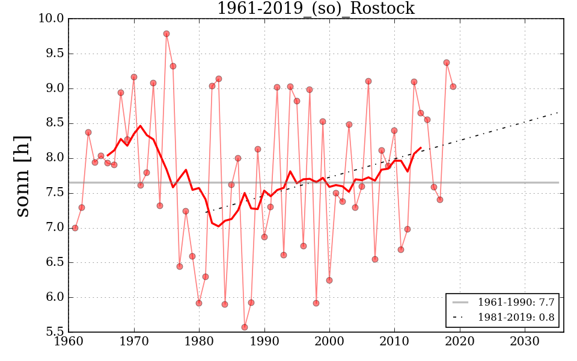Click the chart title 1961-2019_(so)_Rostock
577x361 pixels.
316,8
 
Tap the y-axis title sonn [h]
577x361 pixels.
22,176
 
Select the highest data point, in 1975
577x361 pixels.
166,34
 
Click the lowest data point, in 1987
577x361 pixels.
245,327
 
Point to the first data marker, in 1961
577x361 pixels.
75,228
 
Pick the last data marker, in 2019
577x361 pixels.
453,87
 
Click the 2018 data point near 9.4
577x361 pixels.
447,63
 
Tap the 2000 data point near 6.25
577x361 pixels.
329,280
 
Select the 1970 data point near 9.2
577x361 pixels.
134,77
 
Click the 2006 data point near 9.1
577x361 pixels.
368,81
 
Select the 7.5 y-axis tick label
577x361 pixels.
54,193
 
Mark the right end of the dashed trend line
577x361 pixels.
559,112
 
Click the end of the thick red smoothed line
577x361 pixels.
421,147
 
